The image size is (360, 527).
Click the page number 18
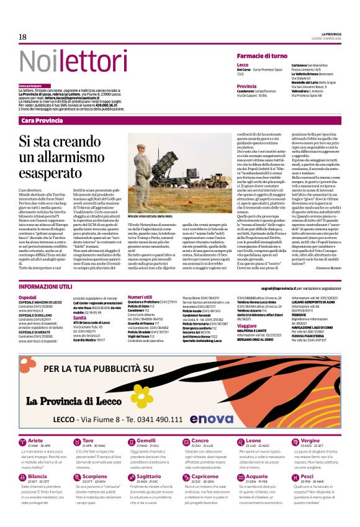(22, 37)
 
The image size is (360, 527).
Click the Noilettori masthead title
(65, 61)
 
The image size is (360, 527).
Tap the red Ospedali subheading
(28, 297)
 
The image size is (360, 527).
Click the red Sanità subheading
(80, 317)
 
